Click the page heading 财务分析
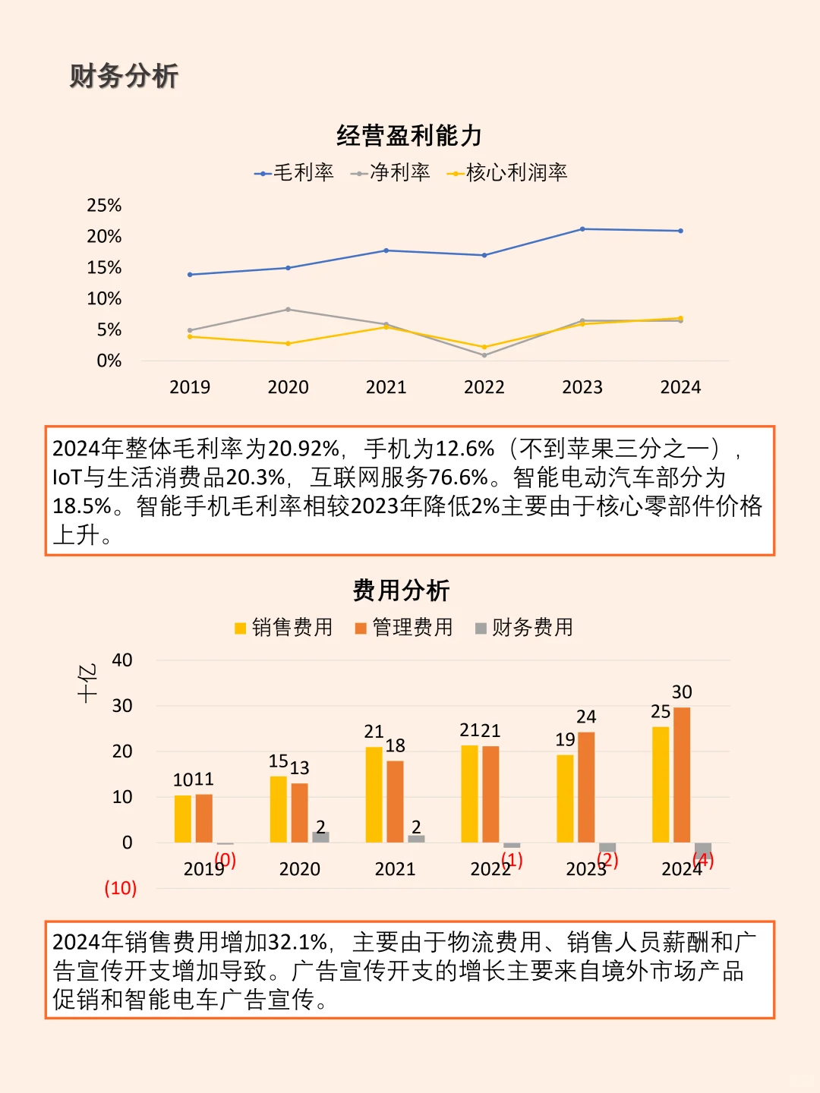pyautogui.click(x=124, y=76)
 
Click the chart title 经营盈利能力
pyautogui.click(x=409, y=136)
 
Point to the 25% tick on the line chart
pyautogui.click(x=104, y=206)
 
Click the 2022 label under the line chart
pyautogui.click(x=484, y=387)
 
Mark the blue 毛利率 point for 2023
pyautogui.click(x=582, y=229)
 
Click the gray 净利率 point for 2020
pyautogui.click(x=288, y=310)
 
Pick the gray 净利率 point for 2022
pyautogui.click(x=484, y=355)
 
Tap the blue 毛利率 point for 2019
pyautogui.click(x=190, y=275)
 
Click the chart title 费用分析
pyautogui.click(x=402, y=591)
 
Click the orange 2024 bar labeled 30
pyautogui.click(x=682, y=774)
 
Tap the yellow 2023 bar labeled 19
pyautogui.click(x=565, y=798)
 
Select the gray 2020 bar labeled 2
pyautogui.click(x=320, y=837)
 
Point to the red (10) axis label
pyautogui.click(x=121, y=888)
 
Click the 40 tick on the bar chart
pyautogui.click(x=122, y=660)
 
